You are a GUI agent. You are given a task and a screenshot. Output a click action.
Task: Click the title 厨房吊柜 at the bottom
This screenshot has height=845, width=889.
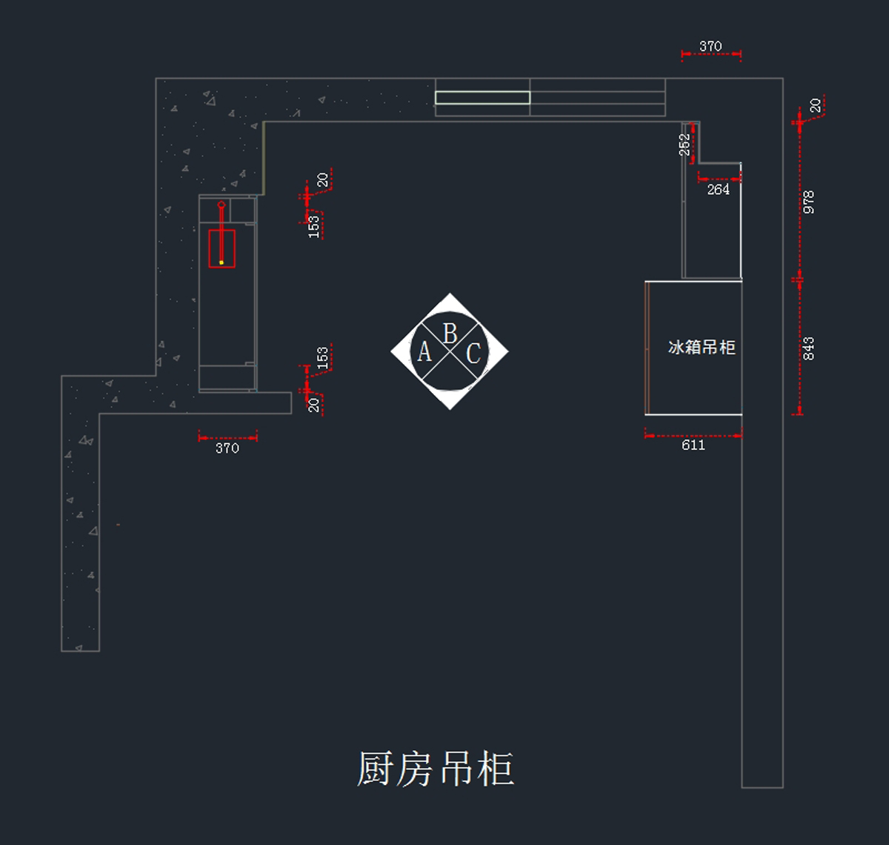436,769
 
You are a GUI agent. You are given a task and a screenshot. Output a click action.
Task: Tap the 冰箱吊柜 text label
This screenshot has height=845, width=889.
702,348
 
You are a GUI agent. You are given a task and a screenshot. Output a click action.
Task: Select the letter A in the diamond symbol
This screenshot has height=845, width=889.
424,352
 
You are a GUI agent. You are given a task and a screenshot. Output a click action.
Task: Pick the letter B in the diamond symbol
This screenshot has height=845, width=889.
450,334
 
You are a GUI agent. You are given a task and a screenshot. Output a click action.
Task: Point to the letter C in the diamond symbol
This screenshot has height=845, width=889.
473,354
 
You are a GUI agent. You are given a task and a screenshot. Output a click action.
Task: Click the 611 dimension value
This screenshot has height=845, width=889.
693,445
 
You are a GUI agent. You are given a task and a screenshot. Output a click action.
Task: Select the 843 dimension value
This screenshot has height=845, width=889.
808,348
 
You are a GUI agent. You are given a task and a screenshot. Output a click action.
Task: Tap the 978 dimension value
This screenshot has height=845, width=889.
808,202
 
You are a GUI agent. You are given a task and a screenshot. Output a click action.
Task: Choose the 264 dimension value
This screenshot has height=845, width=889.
718,190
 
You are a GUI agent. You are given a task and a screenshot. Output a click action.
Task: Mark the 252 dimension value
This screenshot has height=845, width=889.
685,145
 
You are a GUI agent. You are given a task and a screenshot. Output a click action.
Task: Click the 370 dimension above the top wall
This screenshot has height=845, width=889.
710,46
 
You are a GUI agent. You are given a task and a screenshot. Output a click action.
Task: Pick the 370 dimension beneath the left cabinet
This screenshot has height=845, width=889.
227,448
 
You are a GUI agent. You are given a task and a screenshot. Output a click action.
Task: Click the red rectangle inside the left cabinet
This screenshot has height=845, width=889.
222,248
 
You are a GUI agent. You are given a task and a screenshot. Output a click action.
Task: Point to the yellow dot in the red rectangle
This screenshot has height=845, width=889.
222,262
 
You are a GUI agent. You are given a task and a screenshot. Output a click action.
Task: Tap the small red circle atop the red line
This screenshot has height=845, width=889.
222,205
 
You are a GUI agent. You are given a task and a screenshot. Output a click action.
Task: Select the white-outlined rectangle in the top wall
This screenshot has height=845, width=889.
482,98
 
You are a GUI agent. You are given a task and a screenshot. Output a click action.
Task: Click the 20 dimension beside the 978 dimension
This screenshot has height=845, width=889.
816,106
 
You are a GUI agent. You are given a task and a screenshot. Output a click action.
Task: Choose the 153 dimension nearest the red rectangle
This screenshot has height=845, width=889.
313,227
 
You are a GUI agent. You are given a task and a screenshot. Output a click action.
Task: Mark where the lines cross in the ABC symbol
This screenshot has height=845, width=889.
450,351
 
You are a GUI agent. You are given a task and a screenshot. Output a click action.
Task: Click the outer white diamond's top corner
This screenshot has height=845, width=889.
450,293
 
